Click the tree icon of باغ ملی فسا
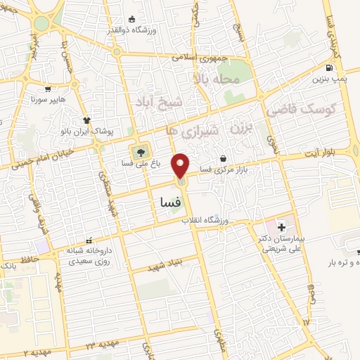(x=141, y=150)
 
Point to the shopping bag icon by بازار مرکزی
(x=223, y=158)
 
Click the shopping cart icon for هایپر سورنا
(x=48, y=89)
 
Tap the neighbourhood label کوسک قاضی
(x=302, y=110)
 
